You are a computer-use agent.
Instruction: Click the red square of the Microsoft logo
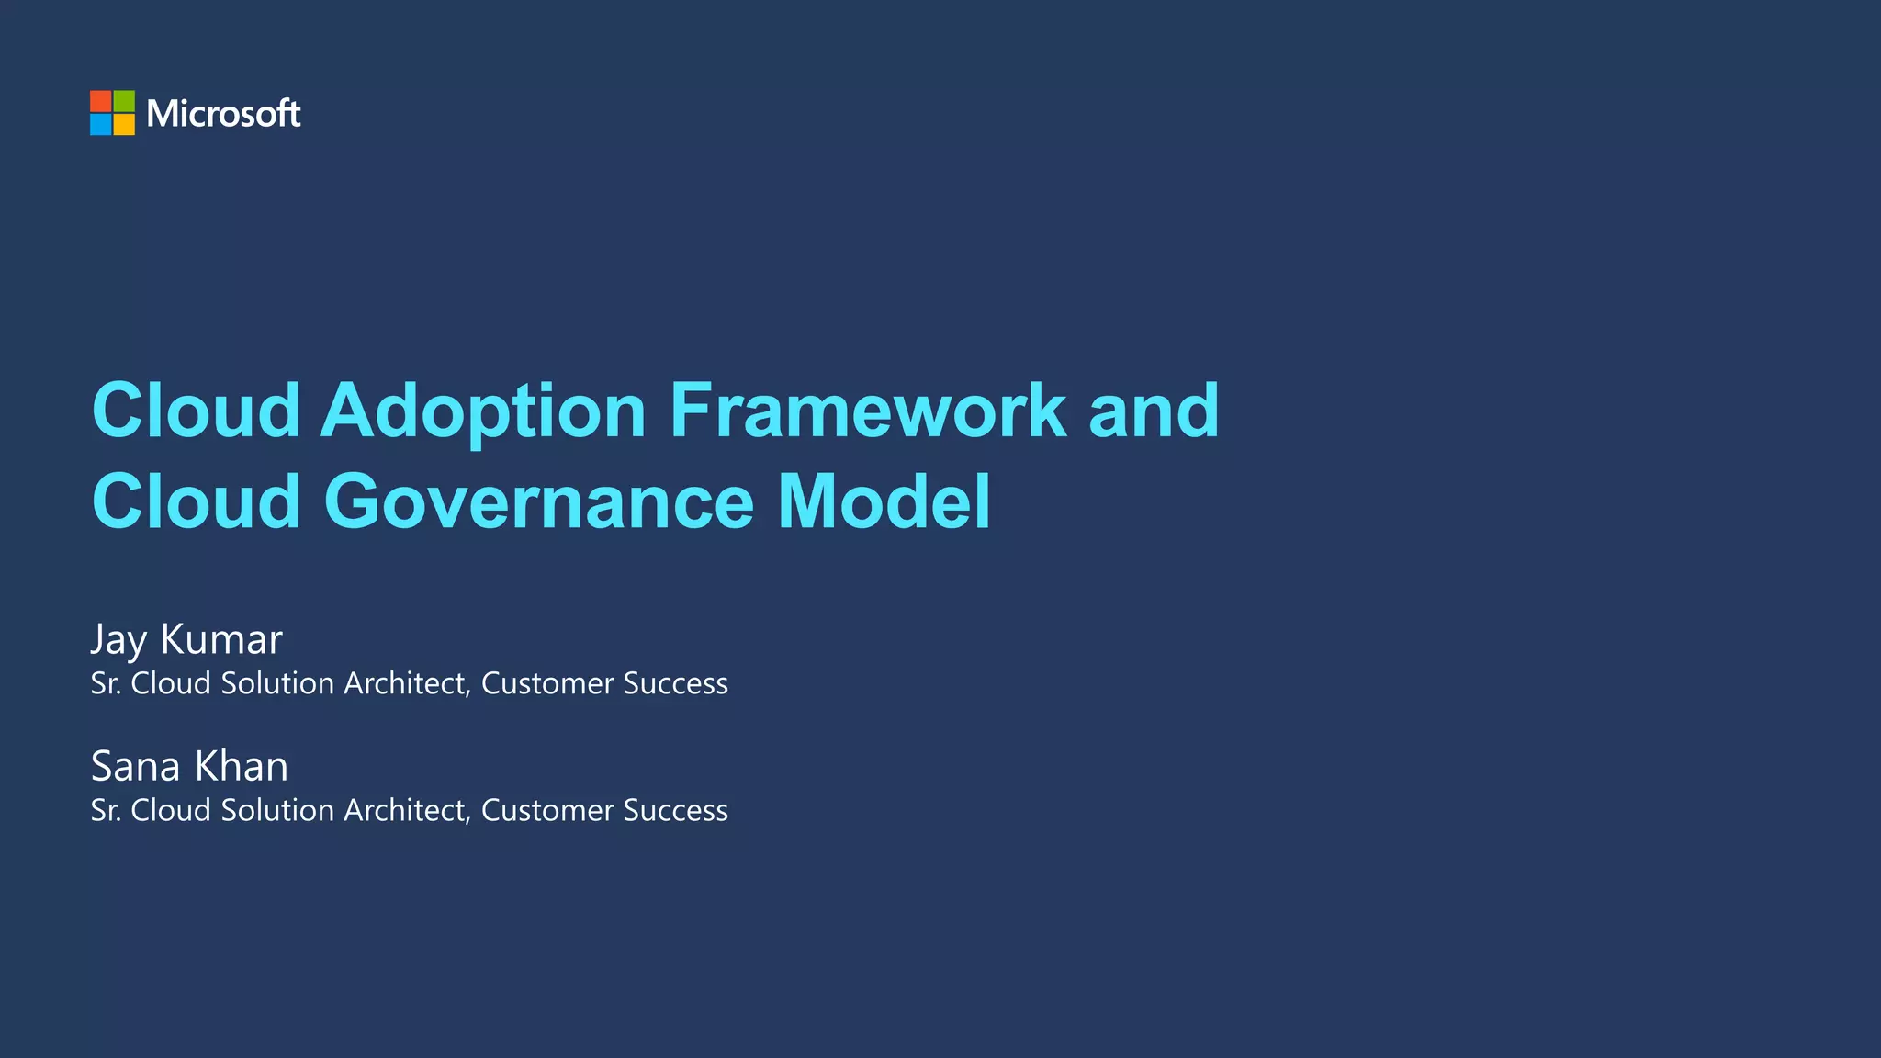(101, 101)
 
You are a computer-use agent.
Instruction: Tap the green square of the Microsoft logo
(124, 101)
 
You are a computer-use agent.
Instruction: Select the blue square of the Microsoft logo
(101, 124)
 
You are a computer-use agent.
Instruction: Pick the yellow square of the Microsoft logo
(124, 124)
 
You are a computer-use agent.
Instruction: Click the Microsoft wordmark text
(223, 114)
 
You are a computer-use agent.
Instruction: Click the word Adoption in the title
(483, 411)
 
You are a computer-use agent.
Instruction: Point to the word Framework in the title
(867, 411)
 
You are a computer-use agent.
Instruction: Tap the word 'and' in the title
(1154, 411)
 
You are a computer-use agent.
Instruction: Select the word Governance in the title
(538, 502)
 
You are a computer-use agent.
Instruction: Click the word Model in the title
(884, 502)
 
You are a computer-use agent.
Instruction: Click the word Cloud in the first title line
(197, 411)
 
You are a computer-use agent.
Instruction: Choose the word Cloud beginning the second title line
(197, 502)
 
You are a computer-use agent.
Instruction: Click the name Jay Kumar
(186, 639)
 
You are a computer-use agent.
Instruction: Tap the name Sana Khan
(189, 766)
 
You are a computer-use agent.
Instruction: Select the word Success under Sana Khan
(675, 810)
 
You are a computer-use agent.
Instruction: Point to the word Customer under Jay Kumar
(547, 683)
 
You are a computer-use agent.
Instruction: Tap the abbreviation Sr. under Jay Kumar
(106, 683)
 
